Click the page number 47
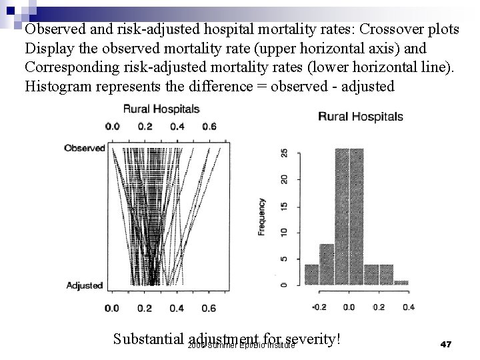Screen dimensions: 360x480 coord(447,344)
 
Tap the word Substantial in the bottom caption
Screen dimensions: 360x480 coord(149,339)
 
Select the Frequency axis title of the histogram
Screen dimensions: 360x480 coord(262,217)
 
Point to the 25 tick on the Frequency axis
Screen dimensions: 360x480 coord(285,153)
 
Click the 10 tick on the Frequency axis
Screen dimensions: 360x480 coord(285,232)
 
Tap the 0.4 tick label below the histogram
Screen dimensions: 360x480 coord(408,307)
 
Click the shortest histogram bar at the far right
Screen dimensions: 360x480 coord(401,283)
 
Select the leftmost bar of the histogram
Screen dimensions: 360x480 coord(311,275)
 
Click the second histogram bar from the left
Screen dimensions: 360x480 coord(326,265)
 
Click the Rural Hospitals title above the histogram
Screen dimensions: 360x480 coord(361,117)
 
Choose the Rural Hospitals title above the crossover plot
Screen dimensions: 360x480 coord(161,108)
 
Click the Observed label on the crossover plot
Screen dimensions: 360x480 coord(84,148)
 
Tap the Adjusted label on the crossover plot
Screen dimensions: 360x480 coord(85,285)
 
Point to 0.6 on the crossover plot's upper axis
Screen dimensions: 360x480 coord(209,127)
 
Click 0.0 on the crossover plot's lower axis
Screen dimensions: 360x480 coord(112,308)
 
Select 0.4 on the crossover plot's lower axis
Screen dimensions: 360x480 coord(177,308)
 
